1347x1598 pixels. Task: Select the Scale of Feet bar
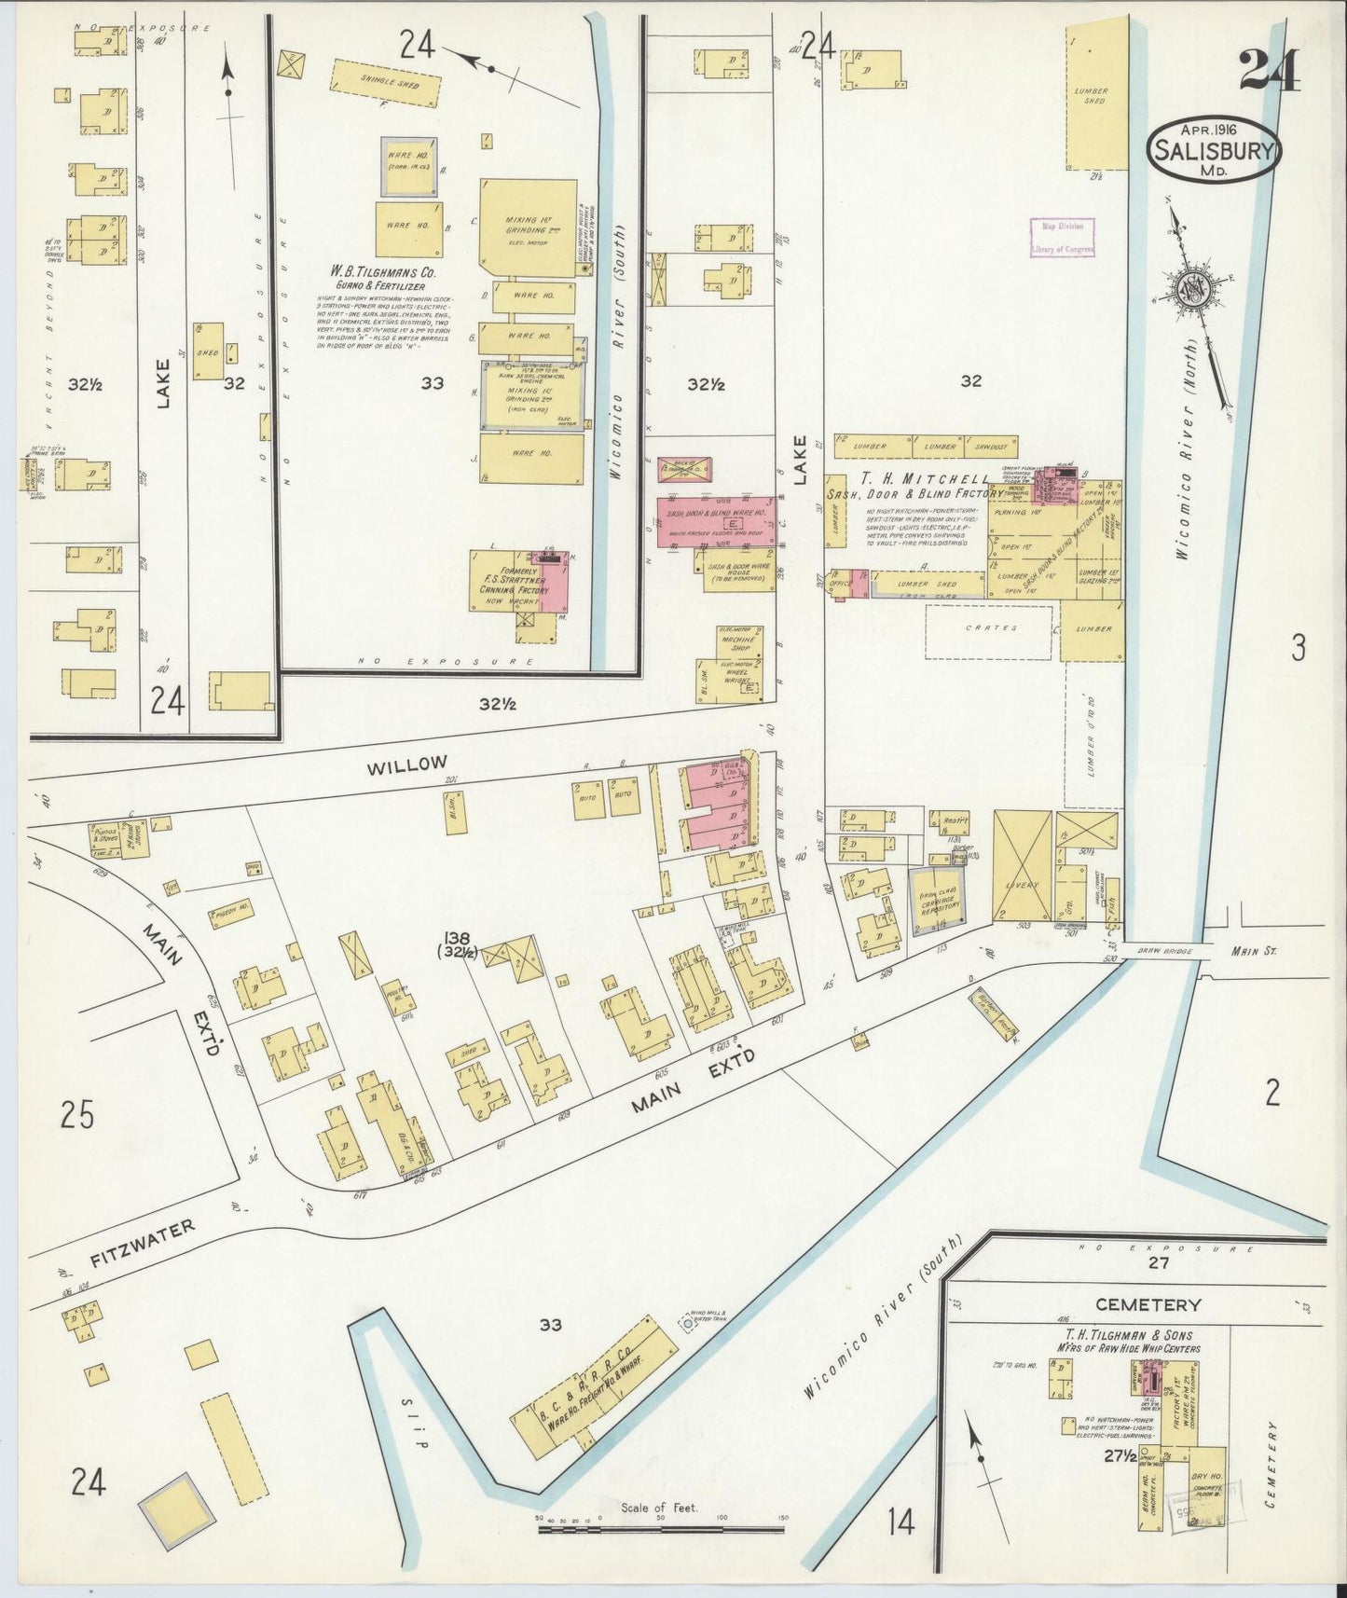[660, 1526]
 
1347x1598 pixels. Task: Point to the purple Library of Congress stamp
[1062, 237]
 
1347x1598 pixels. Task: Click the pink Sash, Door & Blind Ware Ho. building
[718, 523]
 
